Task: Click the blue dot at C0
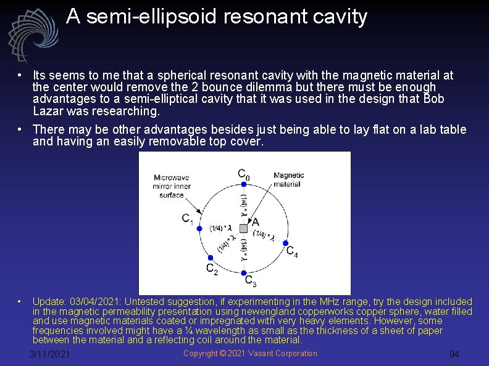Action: (244, 184)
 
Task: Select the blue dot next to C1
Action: (199, 228)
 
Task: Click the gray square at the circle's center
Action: (244, 229)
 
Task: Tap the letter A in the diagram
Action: (255, 222)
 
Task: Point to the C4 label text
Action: (292, 251)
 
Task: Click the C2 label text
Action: (212, 269)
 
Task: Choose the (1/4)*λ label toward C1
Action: (220, 229)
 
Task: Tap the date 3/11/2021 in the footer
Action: (50, 354)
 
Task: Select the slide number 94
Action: (454, 354)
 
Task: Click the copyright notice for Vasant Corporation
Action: (250, 353)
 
